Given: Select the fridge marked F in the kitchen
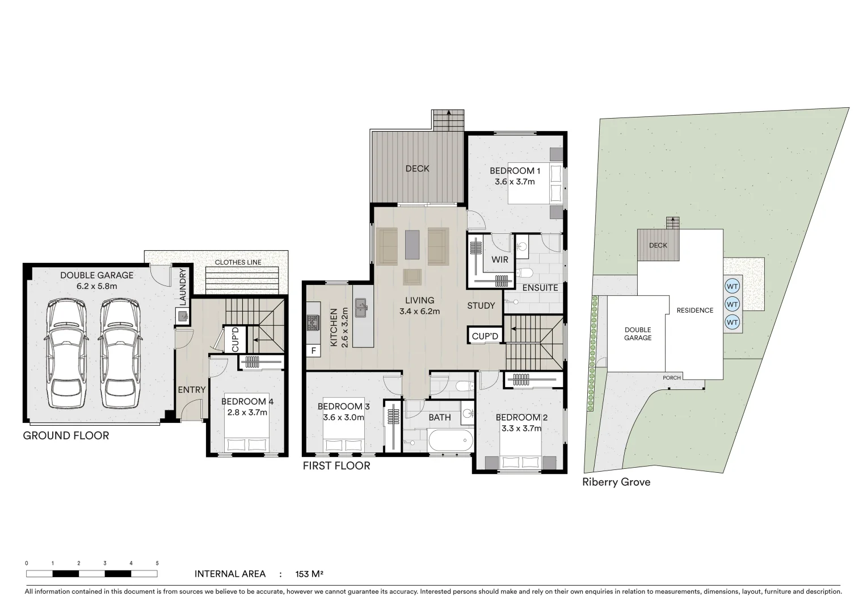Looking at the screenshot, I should [313, 351].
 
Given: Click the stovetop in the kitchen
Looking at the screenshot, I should [313, 323].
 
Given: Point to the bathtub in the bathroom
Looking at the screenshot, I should [449, 439].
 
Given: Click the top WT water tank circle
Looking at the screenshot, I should [732, 286].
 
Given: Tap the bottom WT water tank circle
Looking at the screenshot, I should [732, 322].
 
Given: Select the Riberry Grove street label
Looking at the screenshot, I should [616, 482].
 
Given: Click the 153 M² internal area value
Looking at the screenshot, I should [309, 574].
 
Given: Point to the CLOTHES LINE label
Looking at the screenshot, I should [238, 262].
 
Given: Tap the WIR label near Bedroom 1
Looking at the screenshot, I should [500, 259].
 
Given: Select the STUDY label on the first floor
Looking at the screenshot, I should [481, 306].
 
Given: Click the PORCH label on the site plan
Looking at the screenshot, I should [672, 378].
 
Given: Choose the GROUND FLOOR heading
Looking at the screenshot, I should [66, 436].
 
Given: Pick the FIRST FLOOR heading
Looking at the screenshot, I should [336, 466].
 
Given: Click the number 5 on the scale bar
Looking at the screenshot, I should [157, 563].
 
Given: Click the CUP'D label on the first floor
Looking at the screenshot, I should [485, 337].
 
